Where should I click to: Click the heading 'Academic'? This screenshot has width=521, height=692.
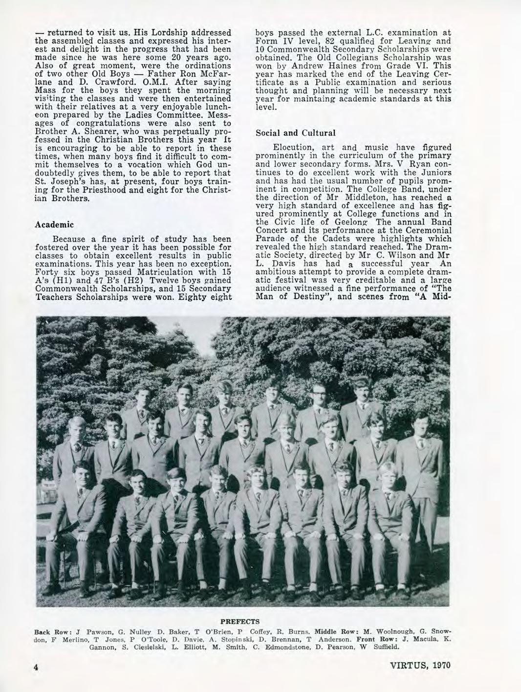click(x=55, y=224)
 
